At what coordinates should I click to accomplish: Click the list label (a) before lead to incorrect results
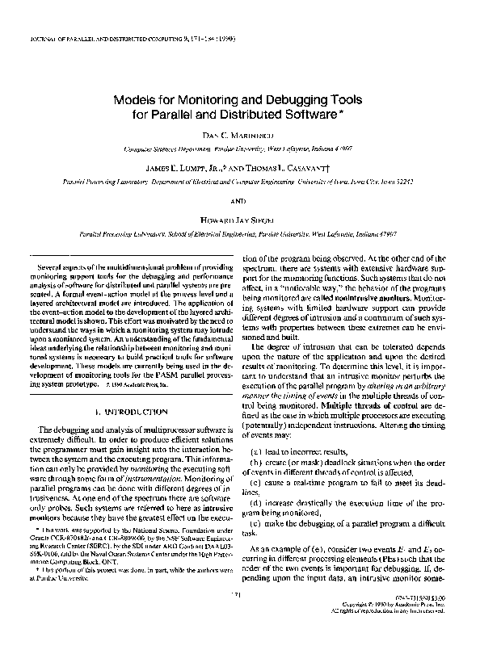click(258, 451)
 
